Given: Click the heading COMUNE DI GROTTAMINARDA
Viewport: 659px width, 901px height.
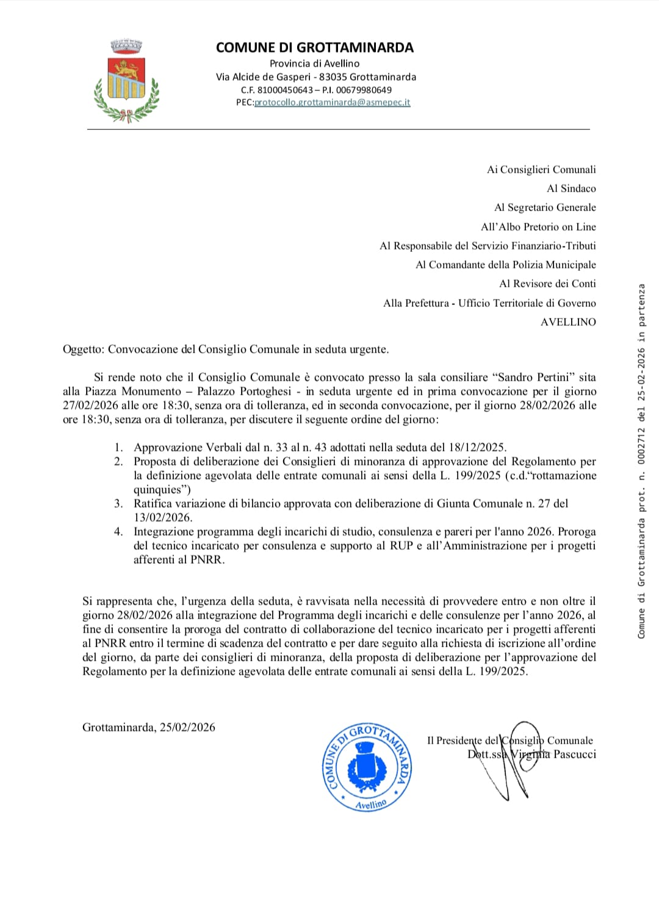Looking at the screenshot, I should [315, 48].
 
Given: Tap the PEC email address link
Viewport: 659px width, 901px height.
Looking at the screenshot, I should [332, 102].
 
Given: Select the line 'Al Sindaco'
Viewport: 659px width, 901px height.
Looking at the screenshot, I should [571, 188].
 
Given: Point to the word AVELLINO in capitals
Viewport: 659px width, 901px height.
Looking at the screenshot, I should [568, 322].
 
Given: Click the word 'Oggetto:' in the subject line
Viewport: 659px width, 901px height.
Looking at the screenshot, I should [84, 350].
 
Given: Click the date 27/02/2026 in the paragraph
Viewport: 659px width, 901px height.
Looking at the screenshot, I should [90, 406].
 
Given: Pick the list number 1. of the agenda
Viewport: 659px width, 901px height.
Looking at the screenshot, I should [118, 448].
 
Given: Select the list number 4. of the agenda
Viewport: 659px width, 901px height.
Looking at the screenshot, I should [118, 532].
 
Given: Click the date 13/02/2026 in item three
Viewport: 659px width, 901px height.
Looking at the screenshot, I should [162, 518].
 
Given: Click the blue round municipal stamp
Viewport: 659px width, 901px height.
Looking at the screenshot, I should [367, 767].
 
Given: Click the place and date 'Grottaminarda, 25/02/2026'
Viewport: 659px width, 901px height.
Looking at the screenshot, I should [149, 727].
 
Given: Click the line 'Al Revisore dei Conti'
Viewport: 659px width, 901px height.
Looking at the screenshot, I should [547, 284].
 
